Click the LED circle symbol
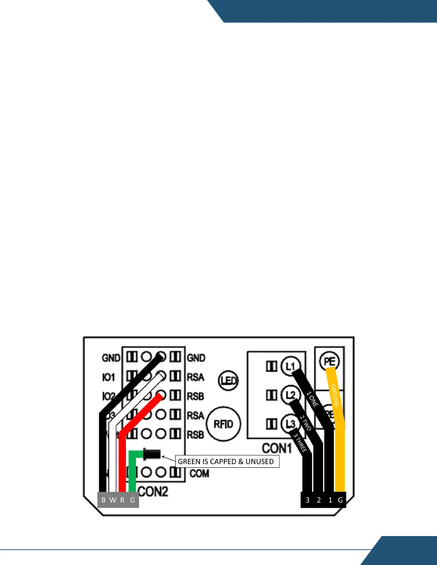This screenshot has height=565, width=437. (x=228, y=381)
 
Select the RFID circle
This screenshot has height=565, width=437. (x=223, y=424)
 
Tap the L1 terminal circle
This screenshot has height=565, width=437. (x=291, y=366)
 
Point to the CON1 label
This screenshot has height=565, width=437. (x=277, y=448)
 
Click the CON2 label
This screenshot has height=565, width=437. (x=153, y=492)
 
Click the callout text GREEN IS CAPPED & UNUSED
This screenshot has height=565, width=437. (x=226, y=462)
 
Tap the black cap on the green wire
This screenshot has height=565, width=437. (x=152, y=454)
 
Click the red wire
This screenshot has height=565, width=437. (x=122, y=464)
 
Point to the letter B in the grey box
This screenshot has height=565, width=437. (x=104, y=500)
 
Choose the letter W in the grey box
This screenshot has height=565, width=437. (x=113, y=500)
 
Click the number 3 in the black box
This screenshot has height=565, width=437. (x=307, y=500)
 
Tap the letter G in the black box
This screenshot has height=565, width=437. (x=340, y=500)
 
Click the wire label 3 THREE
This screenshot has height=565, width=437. (x=300, y=443)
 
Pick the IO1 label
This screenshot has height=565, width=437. (x=109, y=377)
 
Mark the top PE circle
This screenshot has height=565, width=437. (x=329, y=361)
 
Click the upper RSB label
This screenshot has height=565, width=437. (x=196, y=396)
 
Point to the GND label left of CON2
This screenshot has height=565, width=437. (x=111, y=358)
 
